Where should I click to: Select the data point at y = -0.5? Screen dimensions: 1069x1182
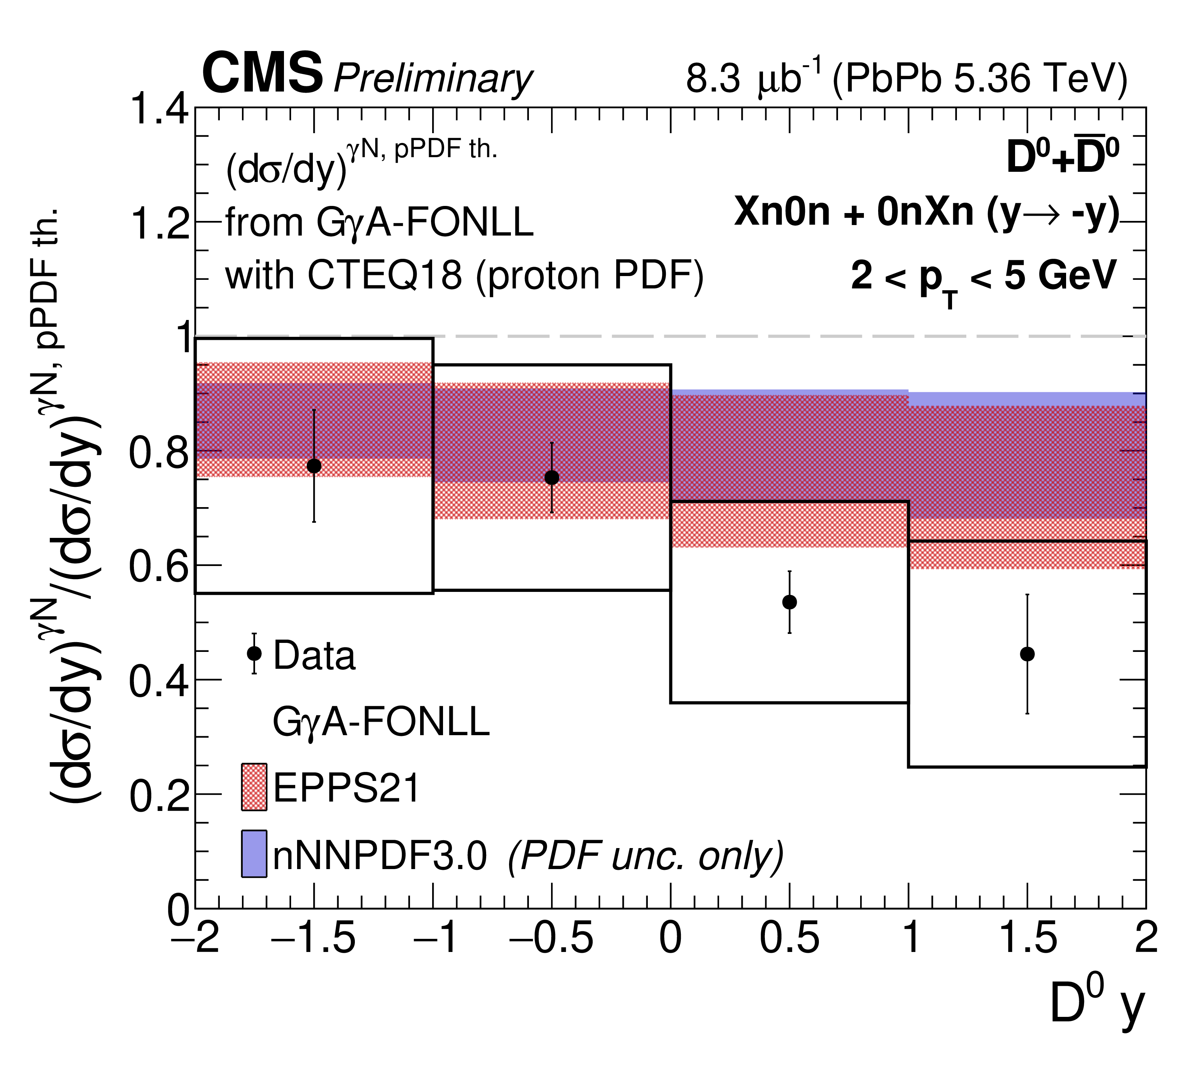coord(552,477)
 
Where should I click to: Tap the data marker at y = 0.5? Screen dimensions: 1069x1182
coord(790,602)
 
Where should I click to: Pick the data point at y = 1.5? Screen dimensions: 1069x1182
coord(1027,654)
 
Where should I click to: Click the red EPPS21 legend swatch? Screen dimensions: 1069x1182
coord(254,787)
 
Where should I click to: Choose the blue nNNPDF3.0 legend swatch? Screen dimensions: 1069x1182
coord(254,854)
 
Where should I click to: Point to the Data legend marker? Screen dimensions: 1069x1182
coord(254,653)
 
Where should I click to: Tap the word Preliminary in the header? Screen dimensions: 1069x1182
coord(433,78)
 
